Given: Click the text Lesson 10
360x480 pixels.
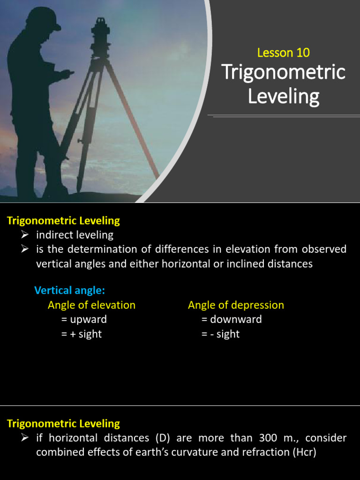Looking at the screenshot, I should [x=283, y=52].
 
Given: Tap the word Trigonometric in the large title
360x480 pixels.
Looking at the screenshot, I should [x=283, y=73].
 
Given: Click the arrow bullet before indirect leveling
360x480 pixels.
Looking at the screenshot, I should [x=26, y=234].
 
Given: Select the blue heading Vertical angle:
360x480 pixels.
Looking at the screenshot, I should [x=69, y=291].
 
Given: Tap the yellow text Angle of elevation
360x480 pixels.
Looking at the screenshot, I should [x=91, y=305].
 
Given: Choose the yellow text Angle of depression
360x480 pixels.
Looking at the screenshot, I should [x=236, y=305].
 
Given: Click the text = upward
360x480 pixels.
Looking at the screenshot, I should [x=84, y=320].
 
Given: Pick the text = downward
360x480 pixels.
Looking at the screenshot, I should [x=232, y=320].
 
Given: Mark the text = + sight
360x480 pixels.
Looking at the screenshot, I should [x=81, y=334].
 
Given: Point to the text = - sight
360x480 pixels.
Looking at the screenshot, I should [x=220, y=334].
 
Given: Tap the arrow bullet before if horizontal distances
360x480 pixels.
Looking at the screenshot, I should [x=26, y=438].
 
